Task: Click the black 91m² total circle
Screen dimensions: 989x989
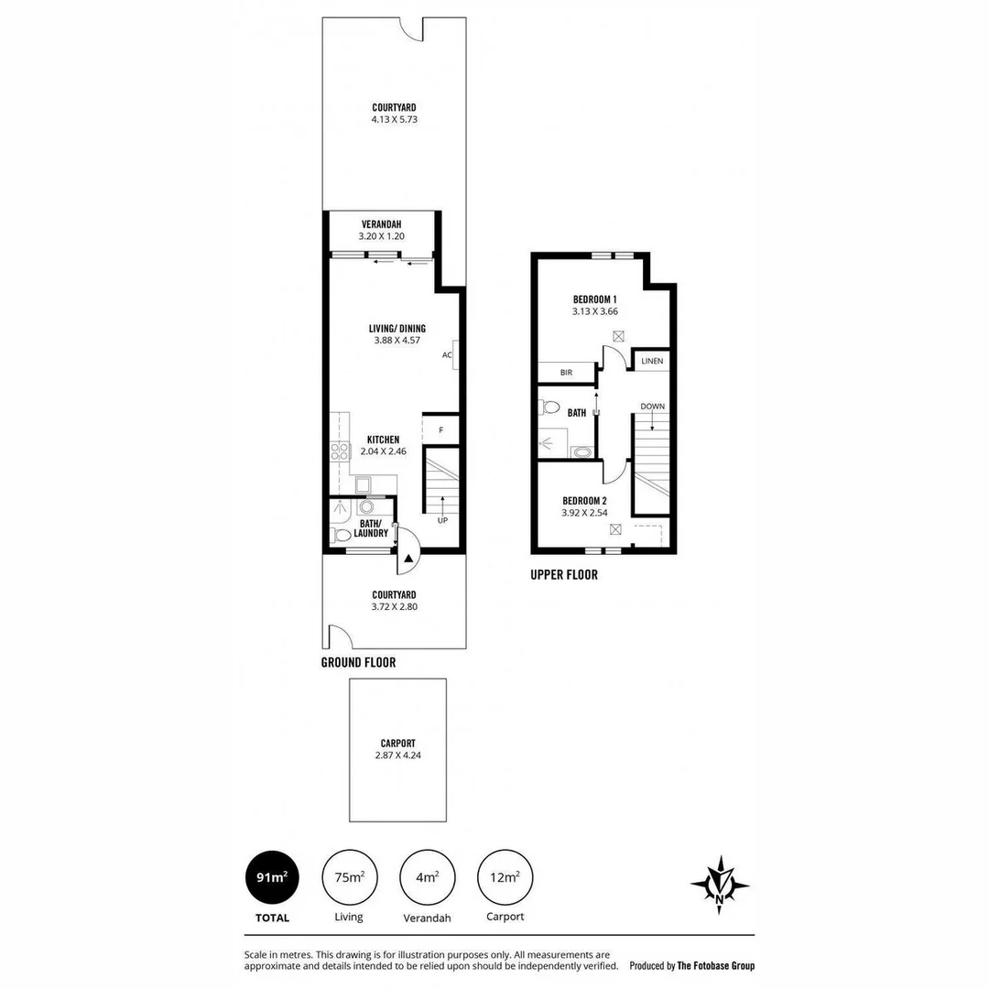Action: click(272, 877)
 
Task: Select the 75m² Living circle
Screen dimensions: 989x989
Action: click(349, 877)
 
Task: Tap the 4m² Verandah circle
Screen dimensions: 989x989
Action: click(427, 877)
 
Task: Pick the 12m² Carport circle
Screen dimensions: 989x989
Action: click(505, 877)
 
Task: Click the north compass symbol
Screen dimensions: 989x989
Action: click(720, 886)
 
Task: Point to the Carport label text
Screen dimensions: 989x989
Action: click(397, 744)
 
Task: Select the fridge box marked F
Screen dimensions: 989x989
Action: click(440, 429)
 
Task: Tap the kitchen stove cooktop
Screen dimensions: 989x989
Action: click(339, 451)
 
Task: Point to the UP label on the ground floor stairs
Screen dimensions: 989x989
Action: click(442, 520)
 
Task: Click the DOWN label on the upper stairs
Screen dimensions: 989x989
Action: click(652, 406)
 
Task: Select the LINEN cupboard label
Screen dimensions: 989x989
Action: click(651, 362)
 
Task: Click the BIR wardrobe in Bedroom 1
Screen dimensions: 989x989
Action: click(566, 373)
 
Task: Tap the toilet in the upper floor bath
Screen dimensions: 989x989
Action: click(549, 408)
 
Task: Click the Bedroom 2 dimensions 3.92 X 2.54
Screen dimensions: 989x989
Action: click(584, 513)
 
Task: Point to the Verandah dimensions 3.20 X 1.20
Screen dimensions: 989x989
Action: click(381, 236)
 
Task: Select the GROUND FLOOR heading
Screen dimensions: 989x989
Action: click(358, 662)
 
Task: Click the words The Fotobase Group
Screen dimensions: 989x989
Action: click(715, 965)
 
